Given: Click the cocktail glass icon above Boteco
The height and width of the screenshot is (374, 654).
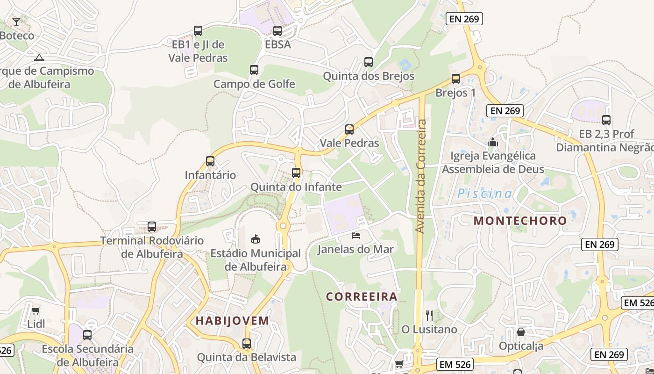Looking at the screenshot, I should [16, 22].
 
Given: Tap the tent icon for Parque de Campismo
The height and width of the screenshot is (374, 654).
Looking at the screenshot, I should [39, 58].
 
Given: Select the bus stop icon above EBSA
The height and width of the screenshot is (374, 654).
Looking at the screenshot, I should [277, 31].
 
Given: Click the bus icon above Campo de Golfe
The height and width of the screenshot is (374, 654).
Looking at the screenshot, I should [254, 70].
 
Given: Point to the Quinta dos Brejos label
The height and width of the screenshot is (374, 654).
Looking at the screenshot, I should [369, 76].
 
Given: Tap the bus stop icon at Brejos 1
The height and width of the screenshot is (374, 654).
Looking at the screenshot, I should [456, 79].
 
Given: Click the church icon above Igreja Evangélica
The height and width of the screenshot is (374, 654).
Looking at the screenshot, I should [492, 142].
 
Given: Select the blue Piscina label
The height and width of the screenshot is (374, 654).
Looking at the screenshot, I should [484, 194].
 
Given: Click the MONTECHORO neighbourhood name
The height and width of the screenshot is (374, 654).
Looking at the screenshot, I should [520, 221].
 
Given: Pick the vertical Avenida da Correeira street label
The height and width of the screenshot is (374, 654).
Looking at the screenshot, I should [420, 176].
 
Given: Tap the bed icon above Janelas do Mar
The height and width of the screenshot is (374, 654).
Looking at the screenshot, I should [356, 236].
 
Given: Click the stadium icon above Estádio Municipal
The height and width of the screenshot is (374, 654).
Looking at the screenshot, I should [256, 239].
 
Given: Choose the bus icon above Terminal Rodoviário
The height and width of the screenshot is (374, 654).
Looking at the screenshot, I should [152, 227].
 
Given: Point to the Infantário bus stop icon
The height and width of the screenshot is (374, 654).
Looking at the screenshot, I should [210, 161].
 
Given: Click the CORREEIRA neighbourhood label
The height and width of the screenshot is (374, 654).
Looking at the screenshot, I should [362, 296].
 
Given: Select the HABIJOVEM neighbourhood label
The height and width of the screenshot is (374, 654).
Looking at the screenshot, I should [232, 321].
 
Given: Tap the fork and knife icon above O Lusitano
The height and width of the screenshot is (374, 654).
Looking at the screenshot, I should [429, 316].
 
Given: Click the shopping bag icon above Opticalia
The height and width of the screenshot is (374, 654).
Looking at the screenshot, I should [521, 332].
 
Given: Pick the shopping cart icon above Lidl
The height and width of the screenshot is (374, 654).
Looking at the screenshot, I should [36, 310].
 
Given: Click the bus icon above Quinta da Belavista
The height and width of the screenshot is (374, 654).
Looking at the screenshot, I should [247, 344].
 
